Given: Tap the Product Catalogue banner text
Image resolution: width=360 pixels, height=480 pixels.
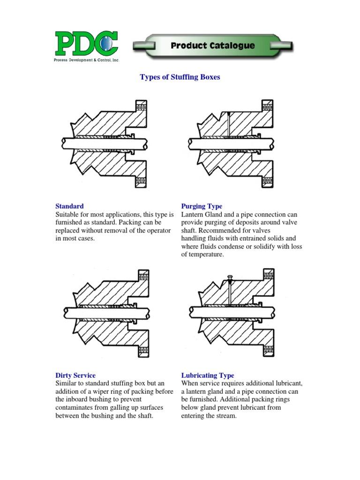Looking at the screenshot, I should tap(213, 45).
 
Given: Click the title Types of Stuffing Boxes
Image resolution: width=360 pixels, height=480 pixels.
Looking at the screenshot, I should tap(180, 77).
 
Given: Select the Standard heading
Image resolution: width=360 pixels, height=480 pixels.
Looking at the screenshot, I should tap(69, 206).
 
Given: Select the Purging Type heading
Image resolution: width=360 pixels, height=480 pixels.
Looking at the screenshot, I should tap(202, 206).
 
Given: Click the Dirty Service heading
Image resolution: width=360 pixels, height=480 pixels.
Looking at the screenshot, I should tap(75, 375).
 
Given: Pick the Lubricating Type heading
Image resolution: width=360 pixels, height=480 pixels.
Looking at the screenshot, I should tap(207, 375).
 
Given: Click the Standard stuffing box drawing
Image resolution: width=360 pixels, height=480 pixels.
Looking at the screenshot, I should tap(106, 142).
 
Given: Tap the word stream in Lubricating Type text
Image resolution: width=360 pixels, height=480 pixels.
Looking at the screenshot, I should tap(224, 416).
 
